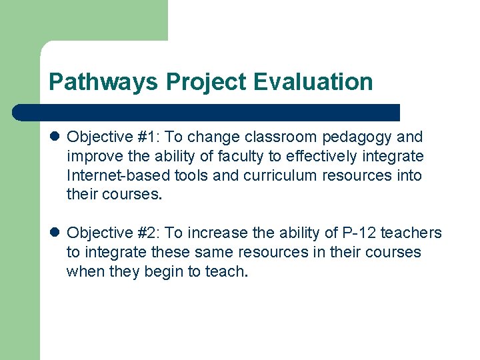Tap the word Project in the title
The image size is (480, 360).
[207, 82]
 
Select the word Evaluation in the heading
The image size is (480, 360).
[313, 82]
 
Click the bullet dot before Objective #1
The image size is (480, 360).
[55, 137]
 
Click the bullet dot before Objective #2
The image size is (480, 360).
[55, 233]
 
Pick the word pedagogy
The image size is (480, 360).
[358, 137]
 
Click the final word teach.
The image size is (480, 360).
[225, 271]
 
